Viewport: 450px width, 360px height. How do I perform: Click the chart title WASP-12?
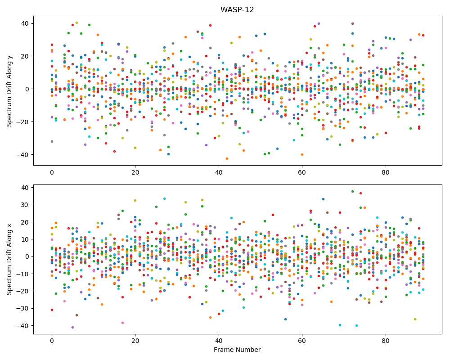pos(237,10)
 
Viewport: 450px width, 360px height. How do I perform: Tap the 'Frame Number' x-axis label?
pos(237,350)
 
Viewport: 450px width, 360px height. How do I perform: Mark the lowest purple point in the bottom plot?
pos(72,327)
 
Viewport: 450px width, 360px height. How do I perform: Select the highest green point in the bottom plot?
pos(352,192)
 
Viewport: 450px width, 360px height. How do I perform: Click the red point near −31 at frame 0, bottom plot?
pos(52,310)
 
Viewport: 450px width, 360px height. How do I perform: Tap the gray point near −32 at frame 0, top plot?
pos(52,142)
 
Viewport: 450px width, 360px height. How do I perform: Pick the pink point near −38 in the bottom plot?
pos(122,323)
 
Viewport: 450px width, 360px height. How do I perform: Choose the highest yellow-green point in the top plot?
pos(76,22)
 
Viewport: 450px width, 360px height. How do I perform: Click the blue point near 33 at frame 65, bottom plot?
pos(323,199)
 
